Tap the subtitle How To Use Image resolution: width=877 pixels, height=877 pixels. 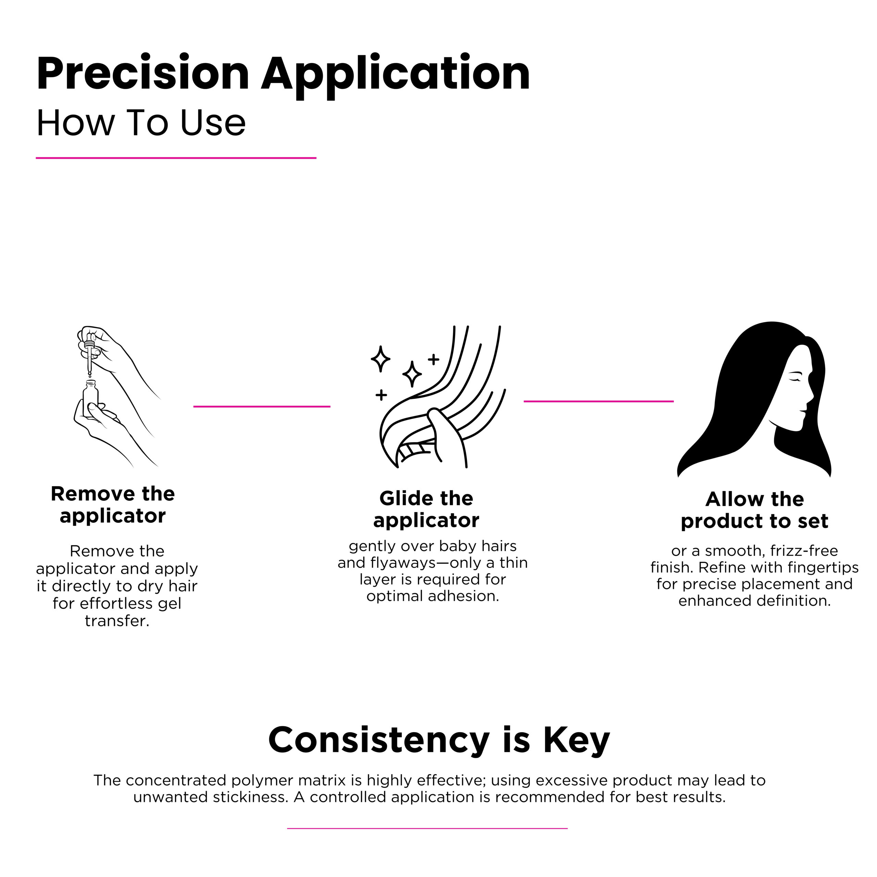141,123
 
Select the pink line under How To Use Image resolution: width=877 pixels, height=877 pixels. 176,158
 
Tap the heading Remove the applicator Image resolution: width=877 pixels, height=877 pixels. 113,504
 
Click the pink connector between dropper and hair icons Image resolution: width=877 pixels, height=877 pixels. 262,406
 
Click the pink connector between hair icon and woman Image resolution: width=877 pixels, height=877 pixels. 599,401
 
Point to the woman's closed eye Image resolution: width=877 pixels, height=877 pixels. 795,378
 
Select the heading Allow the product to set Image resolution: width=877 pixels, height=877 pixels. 754,510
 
